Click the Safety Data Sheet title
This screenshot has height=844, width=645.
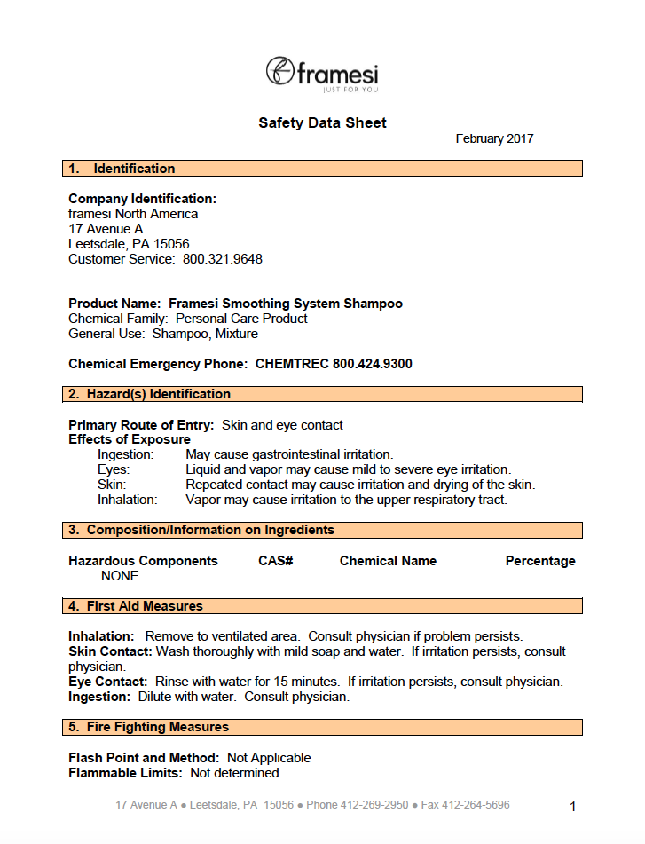pyautogui.click(x=322, y=123)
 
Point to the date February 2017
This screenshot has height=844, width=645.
pyautogui.click(x=494, y=138)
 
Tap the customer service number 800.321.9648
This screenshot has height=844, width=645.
pyautogui.click(x=223, y=259)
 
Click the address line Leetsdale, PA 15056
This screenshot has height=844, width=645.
pyautogui.click(x=129, y=244)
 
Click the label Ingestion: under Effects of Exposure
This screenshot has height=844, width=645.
pyautogui.click(x=126, y=454)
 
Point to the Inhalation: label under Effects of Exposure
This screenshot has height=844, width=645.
pyautogui.click(x=128, y=500)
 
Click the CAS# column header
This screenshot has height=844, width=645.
pyautogui.click(x=276, y=561)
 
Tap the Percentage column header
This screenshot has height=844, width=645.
pyautogui.click(x=540, y=561)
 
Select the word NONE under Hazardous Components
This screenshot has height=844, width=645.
pyautogui.click(x=120, y=576)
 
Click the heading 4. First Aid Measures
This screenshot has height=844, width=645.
pyautogui.click(x=146, y=606)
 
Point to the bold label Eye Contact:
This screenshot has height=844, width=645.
pyautogui.click(x=108, y=682)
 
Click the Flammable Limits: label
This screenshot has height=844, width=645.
pyautogui.click(x=125, y=773)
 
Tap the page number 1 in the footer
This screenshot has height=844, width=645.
pyautogui.click(x=573, y=807)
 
